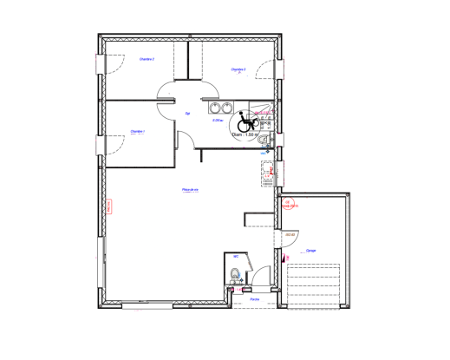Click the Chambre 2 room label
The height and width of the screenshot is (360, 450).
coord(147,59)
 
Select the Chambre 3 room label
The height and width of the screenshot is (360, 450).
coord(238,69)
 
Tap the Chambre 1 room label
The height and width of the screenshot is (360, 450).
coord(137,132)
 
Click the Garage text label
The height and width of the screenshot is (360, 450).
coord(310,250)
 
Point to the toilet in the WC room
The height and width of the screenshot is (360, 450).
coord(235,277)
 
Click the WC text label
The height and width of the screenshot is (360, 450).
coord(235,257)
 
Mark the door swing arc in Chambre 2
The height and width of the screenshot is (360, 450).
coord(112,63)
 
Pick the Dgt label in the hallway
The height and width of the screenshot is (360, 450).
coord(187,113)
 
